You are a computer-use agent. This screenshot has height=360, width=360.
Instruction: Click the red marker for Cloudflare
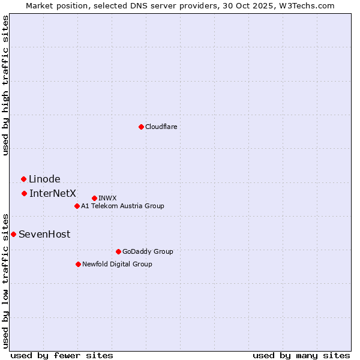[141, 127]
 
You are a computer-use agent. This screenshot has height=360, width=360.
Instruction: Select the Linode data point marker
[23, 179]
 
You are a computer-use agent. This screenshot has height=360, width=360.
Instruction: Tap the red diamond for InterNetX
[24, 193]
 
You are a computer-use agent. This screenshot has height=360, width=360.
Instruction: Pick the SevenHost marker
[13, 234]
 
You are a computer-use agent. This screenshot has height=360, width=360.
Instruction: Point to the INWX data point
[94, 198]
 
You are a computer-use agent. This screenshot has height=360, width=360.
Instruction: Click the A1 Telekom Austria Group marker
[77, 206]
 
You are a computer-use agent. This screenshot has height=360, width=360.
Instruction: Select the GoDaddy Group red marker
[118, 251]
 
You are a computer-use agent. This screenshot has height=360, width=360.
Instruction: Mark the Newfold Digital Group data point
[78, 264]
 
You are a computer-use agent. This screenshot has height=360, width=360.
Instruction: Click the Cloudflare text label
[161, 127]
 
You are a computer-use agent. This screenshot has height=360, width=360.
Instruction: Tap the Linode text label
[44, 179]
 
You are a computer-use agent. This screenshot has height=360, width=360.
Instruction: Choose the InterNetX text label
[53, 193]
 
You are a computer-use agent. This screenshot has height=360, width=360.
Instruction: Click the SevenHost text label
[44, 234]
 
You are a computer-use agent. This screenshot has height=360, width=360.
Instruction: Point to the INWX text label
[107, 198]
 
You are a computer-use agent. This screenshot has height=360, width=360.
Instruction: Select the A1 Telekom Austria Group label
[122, 206]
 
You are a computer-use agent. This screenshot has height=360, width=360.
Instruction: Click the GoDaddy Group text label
[148, 251]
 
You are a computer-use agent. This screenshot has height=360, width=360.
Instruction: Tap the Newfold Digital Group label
[117, 264]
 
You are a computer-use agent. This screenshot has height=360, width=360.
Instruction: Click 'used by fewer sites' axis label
[62, 355]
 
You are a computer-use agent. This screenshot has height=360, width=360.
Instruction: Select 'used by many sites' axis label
[301, 355]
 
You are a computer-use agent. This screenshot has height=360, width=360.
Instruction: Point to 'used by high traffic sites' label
[5, 85]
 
